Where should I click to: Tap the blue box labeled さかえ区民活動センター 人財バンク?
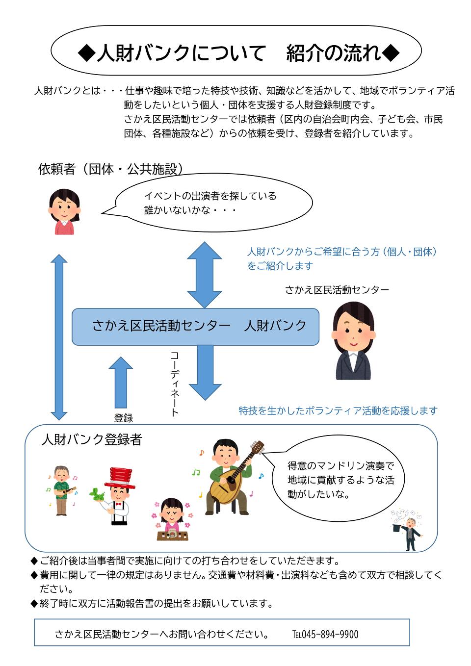coord(195,327)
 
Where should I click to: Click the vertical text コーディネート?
coord(175,384)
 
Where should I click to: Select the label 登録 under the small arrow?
coord(124,418)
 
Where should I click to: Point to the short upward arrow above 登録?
coord(121,383)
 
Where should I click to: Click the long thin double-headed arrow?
coord(59,337)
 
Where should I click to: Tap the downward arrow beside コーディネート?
coord(205,373)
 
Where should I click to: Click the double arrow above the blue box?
coord(205,275)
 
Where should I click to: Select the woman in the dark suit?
coord(353,341)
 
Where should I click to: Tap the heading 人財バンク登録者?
coord(92,439)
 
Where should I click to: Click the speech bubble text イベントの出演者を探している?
coord(210,196)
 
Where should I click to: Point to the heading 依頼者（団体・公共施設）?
coord(110,169)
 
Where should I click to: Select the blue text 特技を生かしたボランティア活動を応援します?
coord(338,410)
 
